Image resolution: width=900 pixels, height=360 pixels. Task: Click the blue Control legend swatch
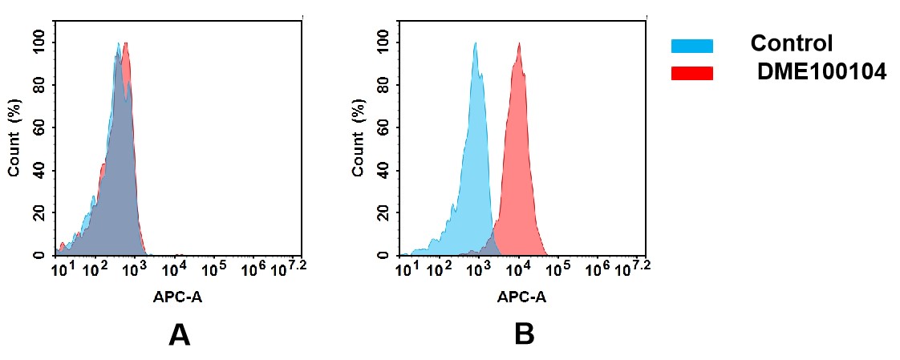point(691,46)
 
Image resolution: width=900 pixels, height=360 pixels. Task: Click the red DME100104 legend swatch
point(691,73)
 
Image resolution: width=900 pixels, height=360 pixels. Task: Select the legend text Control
point(791,43)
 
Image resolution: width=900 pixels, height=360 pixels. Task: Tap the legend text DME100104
point(821,72)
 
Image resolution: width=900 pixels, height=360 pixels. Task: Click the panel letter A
point(179,334)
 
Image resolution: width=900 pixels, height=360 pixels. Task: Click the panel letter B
point(524,334)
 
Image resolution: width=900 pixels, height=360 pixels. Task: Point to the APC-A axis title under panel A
point(178,297)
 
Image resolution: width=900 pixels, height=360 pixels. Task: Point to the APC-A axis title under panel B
point(521,297)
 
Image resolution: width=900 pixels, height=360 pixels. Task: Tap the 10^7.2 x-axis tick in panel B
point(633,266)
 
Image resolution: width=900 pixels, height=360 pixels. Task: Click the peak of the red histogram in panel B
point(520,44)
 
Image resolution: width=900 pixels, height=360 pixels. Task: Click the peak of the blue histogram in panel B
point(476,44)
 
